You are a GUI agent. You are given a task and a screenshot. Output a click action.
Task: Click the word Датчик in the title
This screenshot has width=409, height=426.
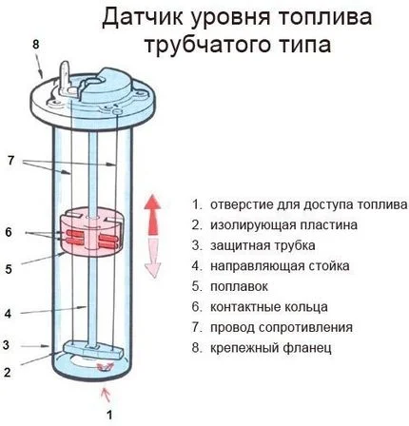pyautogui.click(x=144, y=17)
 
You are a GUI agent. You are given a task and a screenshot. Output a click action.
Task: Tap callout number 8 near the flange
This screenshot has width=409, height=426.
pyautogui.click(x=35, y=45)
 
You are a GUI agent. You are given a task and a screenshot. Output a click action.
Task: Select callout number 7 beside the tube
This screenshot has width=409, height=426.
pyautogui.click(x=11, y=161)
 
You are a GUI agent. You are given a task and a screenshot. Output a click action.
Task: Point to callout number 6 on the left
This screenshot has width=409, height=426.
pyautogui.click(x=9, y=232)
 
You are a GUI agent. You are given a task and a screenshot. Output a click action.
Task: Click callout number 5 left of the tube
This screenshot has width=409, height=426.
pyautogui.click(x=9, y=269)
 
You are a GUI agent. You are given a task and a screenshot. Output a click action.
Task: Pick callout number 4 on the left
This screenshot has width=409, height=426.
pyautogui.click(x=8, y=314)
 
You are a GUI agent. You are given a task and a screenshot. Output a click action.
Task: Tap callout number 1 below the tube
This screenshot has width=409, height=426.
pyautogui.click(x=109, y=415)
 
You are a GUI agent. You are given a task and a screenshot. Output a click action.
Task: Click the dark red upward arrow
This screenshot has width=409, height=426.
pyautogui.click(x=152, y=215)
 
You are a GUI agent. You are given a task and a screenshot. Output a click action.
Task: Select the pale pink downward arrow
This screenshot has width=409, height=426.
pyautogui.click(x=153, y=259)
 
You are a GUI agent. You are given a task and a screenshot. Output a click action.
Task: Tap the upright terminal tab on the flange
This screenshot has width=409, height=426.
pyautogui.click(x=65, y=77)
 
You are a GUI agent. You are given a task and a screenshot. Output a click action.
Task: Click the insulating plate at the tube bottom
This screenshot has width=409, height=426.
pyautogui.click(x=92, y=349)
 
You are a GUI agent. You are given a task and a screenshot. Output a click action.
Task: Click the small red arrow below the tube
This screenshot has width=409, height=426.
pyautogui.click(x=107, y=395)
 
